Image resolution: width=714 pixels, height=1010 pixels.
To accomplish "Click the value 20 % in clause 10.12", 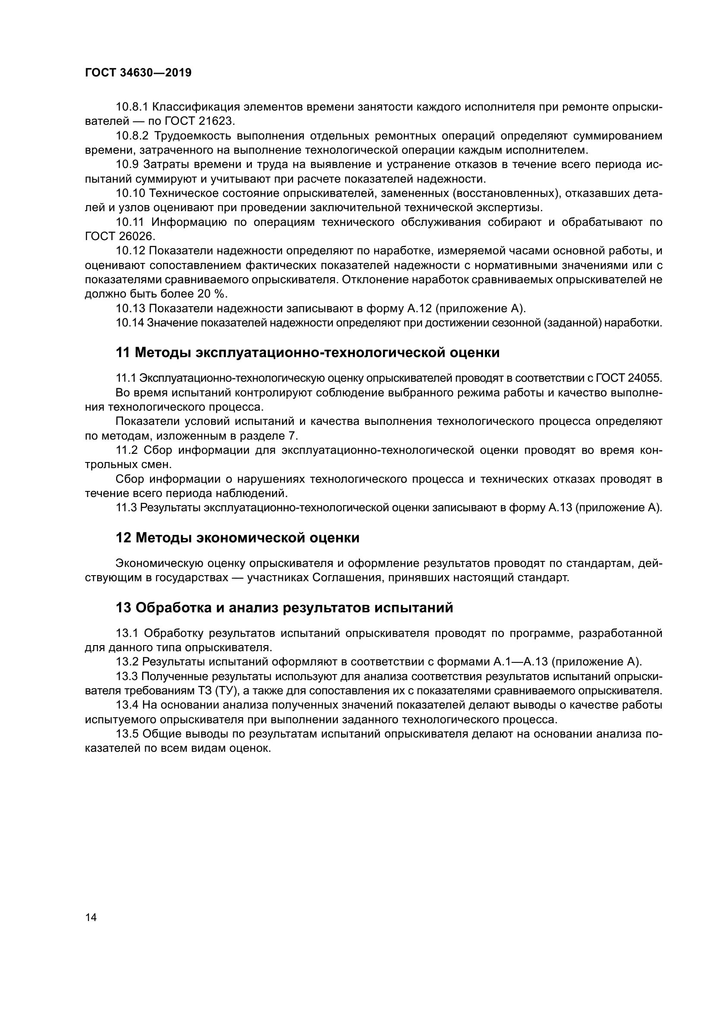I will pyautogui.click(x=208, y=294).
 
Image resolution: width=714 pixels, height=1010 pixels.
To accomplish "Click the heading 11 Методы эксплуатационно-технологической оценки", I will pyautogui.click(x=308, y=352).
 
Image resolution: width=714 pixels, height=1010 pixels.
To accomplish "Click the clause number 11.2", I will pyautogui.click(x=127, y=450).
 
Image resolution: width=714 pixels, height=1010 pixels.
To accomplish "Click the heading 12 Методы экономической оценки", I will pyautogui.click(x=237, y=538).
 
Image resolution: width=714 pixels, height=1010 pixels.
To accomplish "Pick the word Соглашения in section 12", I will pyautogui.click(x=343, y=578).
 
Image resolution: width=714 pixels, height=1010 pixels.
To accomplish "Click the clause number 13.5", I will pyautogui.click(x=127, y=734).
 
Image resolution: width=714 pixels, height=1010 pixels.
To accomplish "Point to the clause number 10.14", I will pyautogui.click(x=130, y=323).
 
